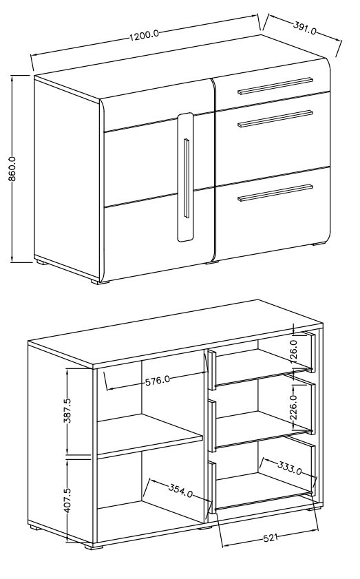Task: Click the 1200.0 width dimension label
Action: click(144, 35)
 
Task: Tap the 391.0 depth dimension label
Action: click(305, 28)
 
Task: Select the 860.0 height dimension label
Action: click(12, 169)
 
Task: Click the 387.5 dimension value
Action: click(68, 410)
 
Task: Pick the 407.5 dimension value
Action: click(68, 500)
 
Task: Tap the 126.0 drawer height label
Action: click(293, 351)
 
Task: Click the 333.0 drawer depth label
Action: click(290, 468)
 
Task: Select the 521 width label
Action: click(271, 538)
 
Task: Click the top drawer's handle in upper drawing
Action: click(275, 85)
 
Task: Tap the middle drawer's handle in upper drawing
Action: click(275, 119)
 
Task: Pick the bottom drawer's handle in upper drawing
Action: click(275, 193)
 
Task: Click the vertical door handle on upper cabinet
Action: click(187, 178)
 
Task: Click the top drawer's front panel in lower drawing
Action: click(211, 370)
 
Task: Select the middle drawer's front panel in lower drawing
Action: click(211, 425)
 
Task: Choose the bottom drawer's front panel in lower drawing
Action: click(211, 487)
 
